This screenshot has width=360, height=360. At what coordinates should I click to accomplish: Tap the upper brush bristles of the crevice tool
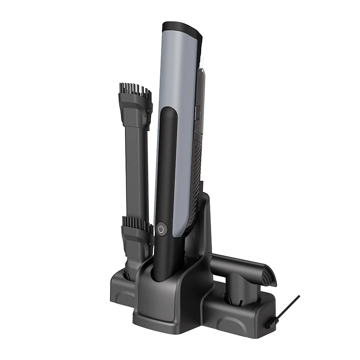point(135,90)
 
